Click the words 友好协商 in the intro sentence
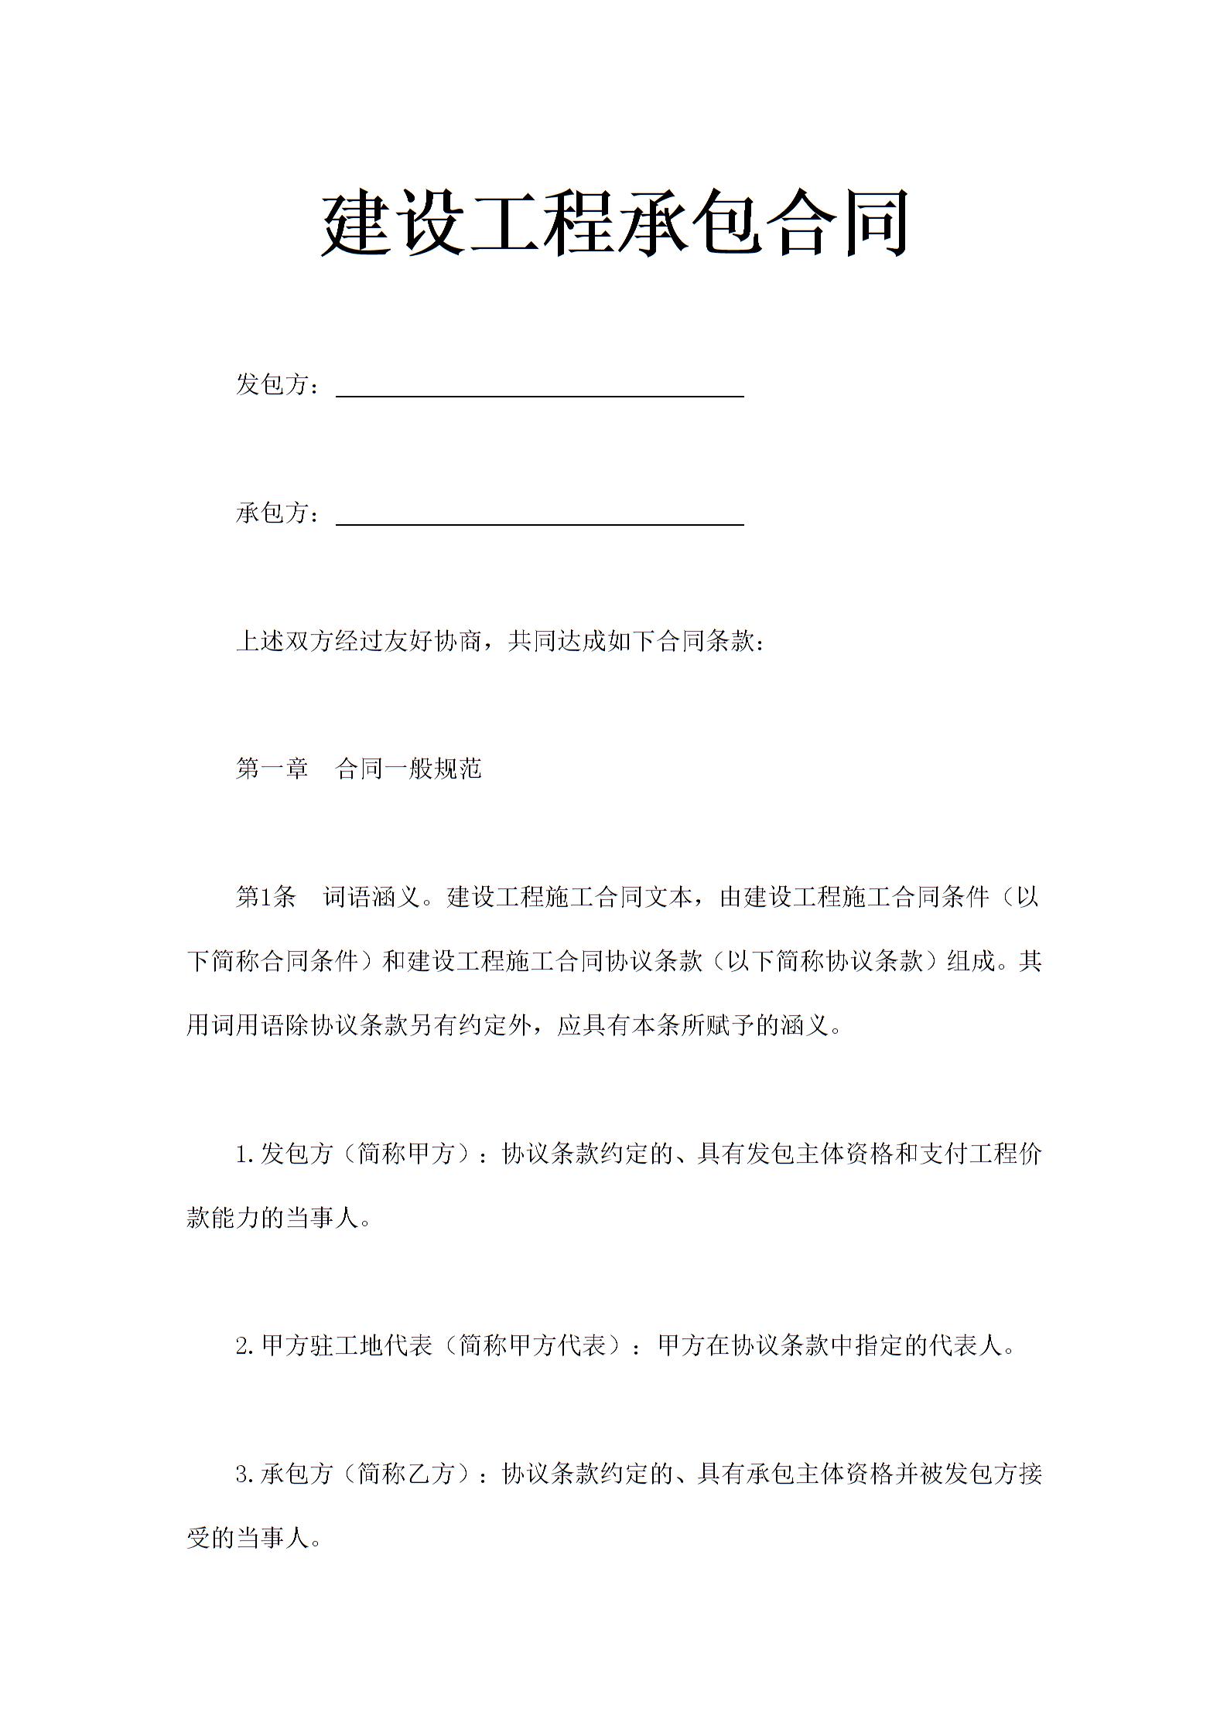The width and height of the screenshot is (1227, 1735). pos(434,641)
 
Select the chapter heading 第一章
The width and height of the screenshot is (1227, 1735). pos(272,769)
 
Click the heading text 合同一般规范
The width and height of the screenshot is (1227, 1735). pos(409,769)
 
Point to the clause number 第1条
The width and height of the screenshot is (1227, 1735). pos(266,898)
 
